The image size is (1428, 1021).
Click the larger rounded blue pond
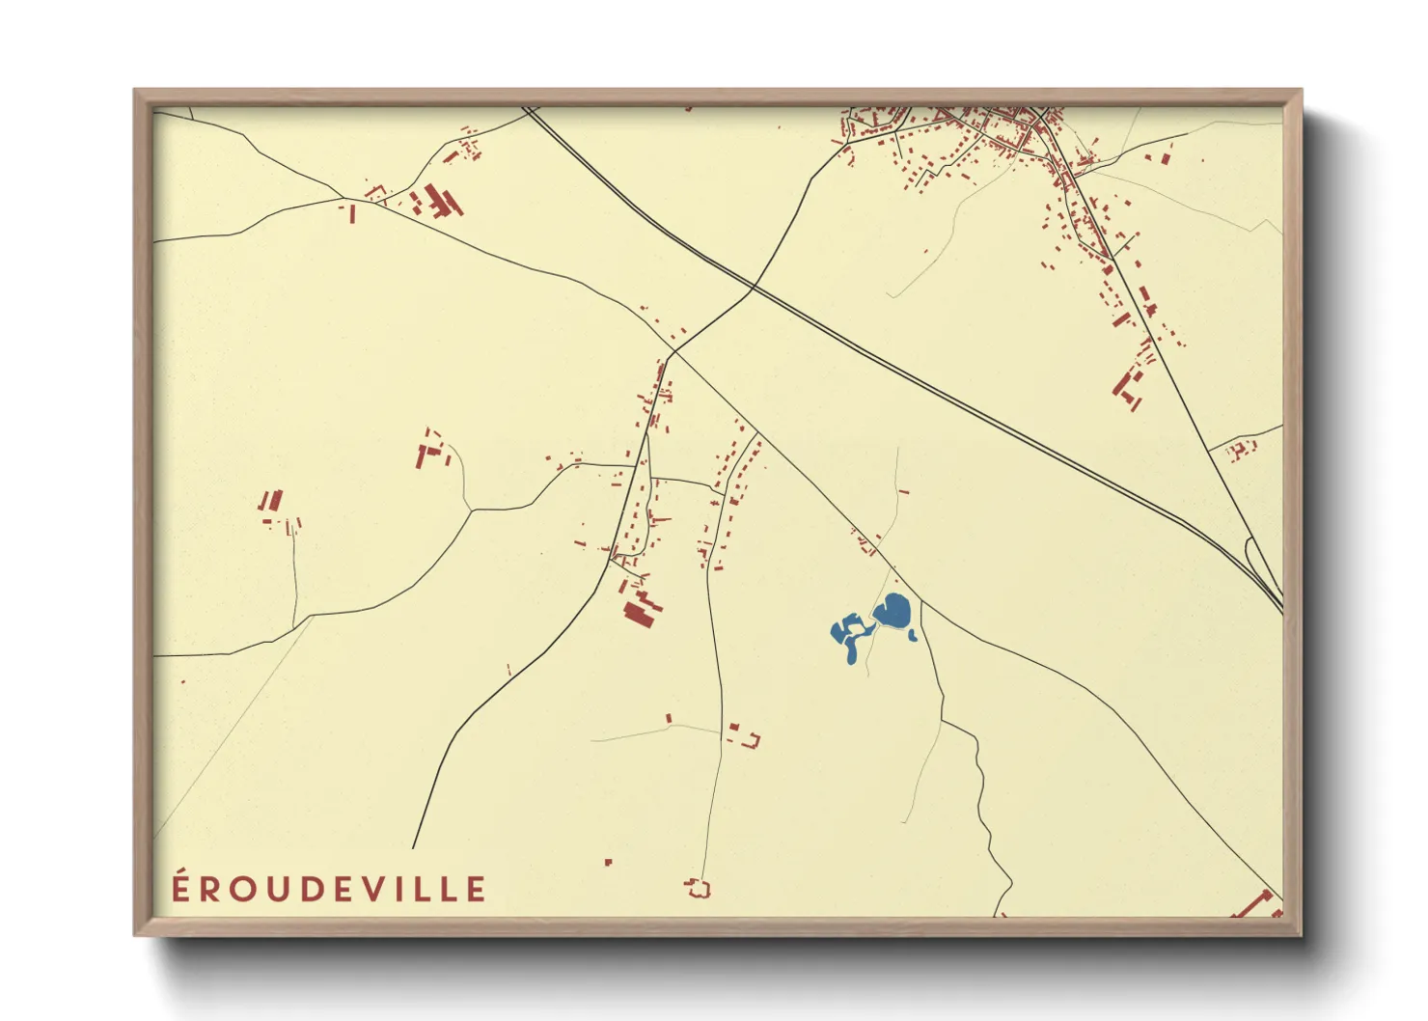892,611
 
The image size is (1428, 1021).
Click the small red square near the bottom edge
608,862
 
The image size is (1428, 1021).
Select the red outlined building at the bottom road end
698,888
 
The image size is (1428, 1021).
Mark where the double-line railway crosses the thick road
753,288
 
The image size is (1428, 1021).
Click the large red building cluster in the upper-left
439,203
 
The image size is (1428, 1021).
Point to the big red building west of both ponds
641,611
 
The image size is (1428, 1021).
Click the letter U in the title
270,890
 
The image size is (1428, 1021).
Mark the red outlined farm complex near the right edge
1241,448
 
